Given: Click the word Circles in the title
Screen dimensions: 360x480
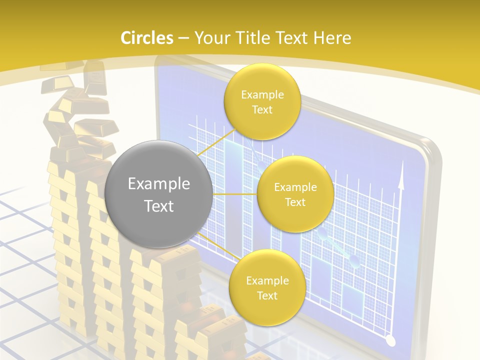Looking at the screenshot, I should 147,38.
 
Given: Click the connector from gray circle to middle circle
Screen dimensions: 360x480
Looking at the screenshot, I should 235,194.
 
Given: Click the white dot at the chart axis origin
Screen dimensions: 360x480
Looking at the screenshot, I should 391,341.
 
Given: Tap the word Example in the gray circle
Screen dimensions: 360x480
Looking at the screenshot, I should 159,184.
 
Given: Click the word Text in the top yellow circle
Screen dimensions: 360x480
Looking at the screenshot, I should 262,109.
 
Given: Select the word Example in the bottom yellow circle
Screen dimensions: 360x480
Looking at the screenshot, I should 267,281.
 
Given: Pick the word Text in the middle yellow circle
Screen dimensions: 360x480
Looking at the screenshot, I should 295,202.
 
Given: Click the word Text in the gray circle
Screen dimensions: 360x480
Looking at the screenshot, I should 159,206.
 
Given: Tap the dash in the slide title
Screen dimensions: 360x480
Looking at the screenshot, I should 183,38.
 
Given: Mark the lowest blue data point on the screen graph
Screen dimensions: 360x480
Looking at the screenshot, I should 354,260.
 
